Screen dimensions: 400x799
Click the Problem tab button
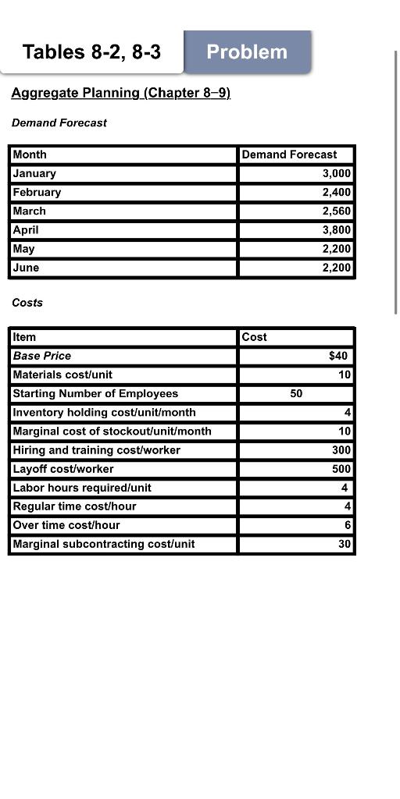(x=247, y=52)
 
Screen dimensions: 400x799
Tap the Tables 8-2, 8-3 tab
(x=91, y=52)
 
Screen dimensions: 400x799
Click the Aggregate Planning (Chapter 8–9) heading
(x=120, y=93)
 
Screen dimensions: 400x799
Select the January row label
(x=34, y=173)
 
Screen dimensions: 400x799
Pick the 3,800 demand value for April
(x=337, y=229)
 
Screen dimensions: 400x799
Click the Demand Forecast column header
(x=289, y=154)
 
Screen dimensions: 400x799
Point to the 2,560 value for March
(x=337, y=211)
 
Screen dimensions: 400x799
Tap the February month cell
(x=37, y=192)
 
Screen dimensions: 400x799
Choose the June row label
(x=26, y=267)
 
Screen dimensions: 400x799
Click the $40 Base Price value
(x=338, y=356)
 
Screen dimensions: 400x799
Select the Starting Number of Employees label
(x=95, y=393)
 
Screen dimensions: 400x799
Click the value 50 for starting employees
(x=296, y=393)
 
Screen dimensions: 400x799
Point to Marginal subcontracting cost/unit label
(x=104, y=544)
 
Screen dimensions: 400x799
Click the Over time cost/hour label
(x=66, y=525)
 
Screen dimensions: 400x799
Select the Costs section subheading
(x=27, y=302)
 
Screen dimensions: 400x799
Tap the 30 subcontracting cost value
(x=345, y=544)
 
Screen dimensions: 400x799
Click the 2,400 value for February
(x=337, y=192)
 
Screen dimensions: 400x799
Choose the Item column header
(x=24, y=337)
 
